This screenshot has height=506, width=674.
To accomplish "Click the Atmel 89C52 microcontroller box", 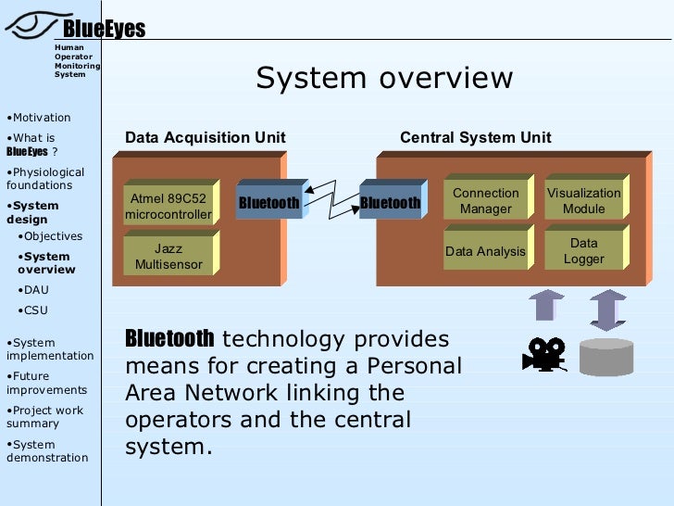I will (168, 207).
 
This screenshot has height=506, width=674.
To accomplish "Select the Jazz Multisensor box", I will (168, 256).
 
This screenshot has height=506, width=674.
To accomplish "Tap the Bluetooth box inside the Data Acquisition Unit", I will (268, 203).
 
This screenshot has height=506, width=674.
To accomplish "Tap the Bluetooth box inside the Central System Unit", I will (390, 203).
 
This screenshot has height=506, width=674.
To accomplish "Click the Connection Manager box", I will (485, 201).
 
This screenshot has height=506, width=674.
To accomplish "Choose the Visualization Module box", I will (583, 201).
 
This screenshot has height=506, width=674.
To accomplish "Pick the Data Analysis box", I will (485, 251).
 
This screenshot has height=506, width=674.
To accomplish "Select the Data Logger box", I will (583, 251).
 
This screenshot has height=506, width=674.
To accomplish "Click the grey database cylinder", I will (606, 356).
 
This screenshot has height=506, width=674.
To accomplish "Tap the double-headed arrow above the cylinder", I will (607, 310).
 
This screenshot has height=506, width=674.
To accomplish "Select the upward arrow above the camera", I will (545, 306).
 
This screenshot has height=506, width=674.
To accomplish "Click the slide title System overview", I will (384, 78).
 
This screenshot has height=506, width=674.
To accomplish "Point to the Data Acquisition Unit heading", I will (206, 138).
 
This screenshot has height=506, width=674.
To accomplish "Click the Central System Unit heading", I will (475, 138).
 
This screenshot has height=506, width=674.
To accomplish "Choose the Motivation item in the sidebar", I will (41, 118).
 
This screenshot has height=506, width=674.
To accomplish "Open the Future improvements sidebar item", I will (46, 383).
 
